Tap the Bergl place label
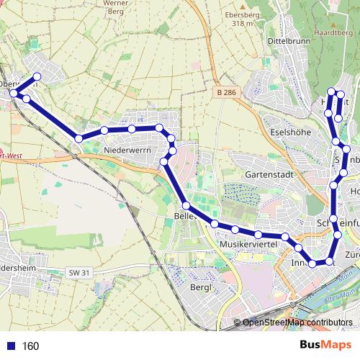205,287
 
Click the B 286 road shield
227,93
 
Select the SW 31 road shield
81,272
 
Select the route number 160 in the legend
31,346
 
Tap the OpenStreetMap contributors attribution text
297,323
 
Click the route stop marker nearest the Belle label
186,206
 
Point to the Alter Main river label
337,297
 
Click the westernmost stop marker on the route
13,94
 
